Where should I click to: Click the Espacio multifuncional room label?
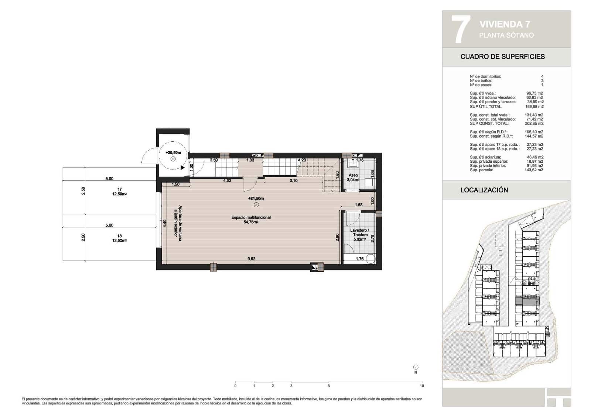coord(251,217)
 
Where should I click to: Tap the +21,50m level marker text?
coord(256,199)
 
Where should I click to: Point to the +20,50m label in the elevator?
coord(173,152)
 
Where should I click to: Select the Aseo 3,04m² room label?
coord(353,178)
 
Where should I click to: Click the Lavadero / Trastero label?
coord(359,232)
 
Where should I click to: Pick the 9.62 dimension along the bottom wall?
coord(251,259)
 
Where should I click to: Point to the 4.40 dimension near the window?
coord(165,224)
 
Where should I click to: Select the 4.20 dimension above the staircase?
coord(302,160)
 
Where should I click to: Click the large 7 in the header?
coord(461,30)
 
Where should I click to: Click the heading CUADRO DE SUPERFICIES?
coord(502,57)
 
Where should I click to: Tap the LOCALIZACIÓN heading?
coord(484,190)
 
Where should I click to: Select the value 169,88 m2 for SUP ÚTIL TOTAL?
coord(534,106)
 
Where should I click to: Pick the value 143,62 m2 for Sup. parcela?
coord(534,170)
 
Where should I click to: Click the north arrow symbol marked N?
coord(416,368)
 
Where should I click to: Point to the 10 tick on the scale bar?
coord(422,386)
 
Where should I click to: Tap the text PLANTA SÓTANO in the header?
coord(506,35)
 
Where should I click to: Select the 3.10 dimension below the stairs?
coord(293,180)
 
